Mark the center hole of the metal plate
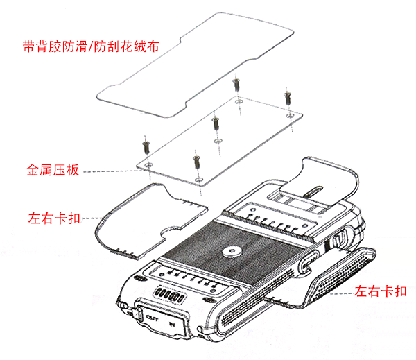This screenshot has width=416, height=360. pos(218,141)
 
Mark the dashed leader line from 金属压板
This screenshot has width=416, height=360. pos(107,168)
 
